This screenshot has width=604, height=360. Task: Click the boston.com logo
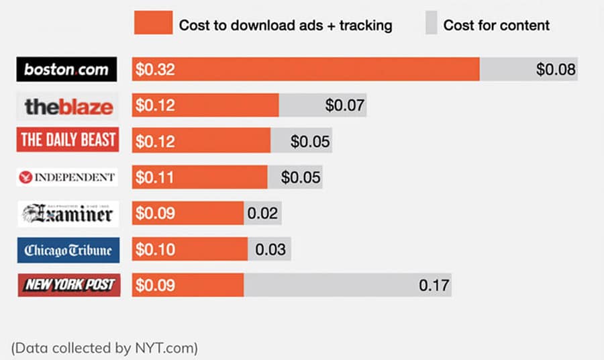[x=66, y=69]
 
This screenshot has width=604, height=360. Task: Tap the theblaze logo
[x=68, y=105]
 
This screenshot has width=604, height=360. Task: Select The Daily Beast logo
[x=68, y=140]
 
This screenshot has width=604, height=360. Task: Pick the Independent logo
[x=67, y=177]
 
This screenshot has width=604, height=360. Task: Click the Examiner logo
[x=68, y=214]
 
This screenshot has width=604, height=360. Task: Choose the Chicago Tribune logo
[x=68, y=250]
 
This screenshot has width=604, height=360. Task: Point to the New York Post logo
[x=68, y=285]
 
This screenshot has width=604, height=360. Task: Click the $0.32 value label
[x=155, y=69]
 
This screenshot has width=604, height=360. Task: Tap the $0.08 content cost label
[x=556, y=69]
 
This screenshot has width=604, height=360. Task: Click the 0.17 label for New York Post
[x=434, y=285]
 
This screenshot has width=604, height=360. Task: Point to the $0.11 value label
[x=155, y=177]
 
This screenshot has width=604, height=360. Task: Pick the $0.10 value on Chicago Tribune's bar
[x=155, y=250]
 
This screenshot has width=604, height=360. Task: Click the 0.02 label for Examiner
[x=262, y=214]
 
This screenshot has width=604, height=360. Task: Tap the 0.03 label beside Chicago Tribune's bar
[x=270, y=250]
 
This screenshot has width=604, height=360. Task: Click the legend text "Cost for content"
[x=497, y=26]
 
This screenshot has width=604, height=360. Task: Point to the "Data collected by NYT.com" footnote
[x=104, y=348]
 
